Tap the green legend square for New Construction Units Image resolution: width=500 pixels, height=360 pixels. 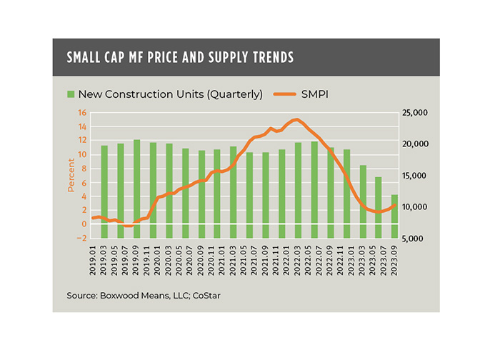coord(70,94)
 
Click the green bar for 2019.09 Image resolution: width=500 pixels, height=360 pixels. coord(136,189)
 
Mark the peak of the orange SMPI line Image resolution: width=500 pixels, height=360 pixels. coord(296,119)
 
